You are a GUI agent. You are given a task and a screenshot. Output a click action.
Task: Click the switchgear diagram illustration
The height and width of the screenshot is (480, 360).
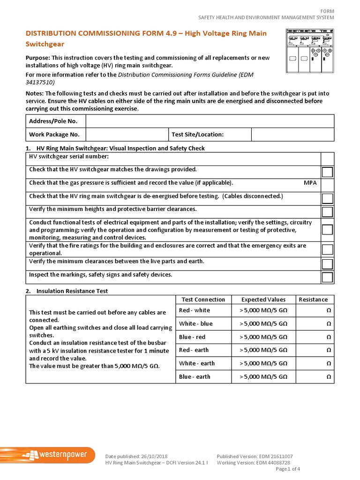pos(309,51)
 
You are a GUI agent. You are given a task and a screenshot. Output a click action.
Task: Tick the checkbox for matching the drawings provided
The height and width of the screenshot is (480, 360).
pos(327,172)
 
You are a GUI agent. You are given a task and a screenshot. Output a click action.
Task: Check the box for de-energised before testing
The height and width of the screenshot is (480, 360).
pos(327,199)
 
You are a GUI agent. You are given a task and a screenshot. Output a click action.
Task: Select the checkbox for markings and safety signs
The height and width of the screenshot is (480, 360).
pos(327,277)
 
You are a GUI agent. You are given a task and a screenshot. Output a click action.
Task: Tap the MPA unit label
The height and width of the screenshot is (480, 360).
pos(310,183)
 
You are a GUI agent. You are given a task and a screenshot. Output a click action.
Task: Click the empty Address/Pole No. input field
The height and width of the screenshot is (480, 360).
pos(210,121)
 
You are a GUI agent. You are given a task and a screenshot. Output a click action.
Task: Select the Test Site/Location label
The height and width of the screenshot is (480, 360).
pos(198,135)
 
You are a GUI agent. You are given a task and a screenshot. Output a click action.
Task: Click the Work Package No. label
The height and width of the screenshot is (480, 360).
pos(54,135)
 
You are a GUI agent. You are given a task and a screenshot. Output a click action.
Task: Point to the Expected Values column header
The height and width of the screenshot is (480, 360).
pos(263,300)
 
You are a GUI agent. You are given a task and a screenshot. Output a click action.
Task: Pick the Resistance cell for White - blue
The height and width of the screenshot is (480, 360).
pos(313,323)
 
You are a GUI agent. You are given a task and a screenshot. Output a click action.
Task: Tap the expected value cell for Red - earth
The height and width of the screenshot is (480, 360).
pos(263,350)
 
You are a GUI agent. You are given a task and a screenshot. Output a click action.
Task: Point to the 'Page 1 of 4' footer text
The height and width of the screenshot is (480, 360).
pos(288,469)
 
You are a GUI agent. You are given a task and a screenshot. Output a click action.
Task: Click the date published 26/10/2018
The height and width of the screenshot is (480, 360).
pos(136,456)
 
